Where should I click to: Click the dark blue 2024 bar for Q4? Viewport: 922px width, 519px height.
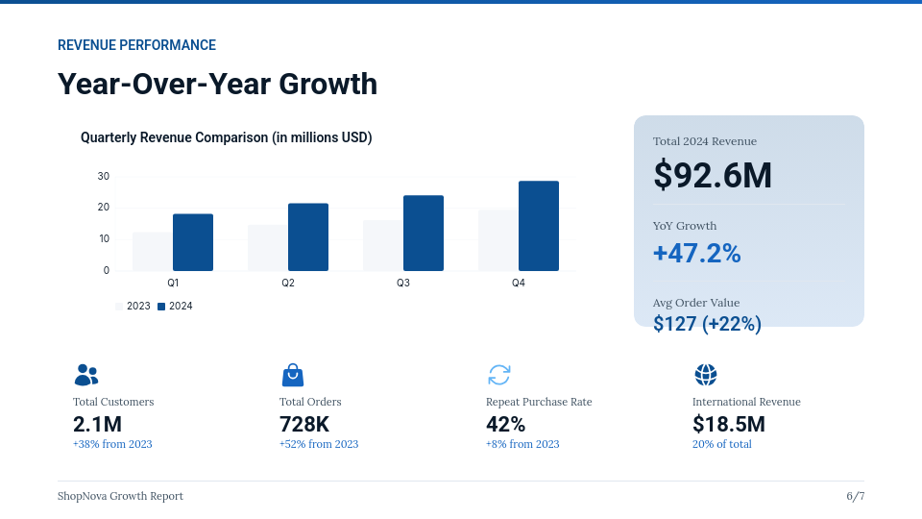[538, 226]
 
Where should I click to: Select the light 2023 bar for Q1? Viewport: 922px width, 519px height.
[152, 252]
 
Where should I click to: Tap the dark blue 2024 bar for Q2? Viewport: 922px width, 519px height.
[307, 237]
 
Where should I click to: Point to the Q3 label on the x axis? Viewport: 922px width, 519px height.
[403, 284]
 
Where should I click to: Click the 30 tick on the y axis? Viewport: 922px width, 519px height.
[104, 176]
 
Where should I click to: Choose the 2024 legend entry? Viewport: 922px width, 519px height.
[175, 306]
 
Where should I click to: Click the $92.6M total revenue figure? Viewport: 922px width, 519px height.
[713, 175]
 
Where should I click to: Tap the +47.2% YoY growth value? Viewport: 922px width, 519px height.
[696, 254]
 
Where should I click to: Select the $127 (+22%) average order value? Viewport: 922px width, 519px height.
[707, 324]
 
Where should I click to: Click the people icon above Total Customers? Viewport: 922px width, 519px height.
[86, 375]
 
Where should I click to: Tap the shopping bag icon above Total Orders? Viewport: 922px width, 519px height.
[292, 375]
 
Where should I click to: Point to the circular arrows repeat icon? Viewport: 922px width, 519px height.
[499, 375]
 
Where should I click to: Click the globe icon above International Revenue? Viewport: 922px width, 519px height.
[706, 375]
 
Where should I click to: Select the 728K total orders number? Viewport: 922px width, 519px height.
[304, 424]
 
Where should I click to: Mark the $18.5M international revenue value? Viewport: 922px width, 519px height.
[728, 424]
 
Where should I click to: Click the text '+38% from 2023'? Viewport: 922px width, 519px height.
[112, 444]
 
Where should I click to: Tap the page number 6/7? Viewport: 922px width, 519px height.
[855, 496]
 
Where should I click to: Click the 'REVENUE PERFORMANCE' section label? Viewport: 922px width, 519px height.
[136, 45]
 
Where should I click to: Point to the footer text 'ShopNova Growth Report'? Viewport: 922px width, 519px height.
[120, 496]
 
